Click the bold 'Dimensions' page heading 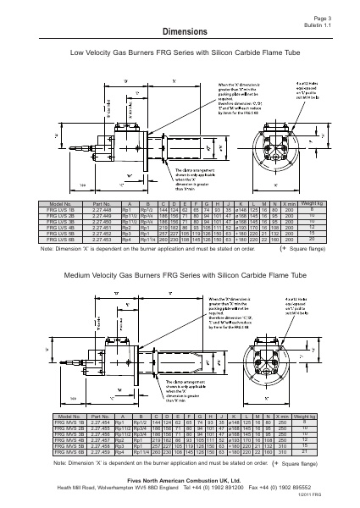click(180, 31)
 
